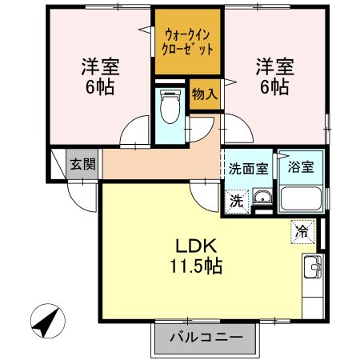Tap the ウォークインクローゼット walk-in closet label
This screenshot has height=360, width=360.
point(189,41)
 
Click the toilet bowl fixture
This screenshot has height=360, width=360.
point(170,108)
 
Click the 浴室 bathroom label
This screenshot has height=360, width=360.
point(300,168)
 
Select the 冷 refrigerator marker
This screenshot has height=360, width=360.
point(302,230)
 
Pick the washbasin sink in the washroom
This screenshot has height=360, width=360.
point(263,199)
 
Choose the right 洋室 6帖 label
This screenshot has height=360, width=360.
point(272,74)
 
